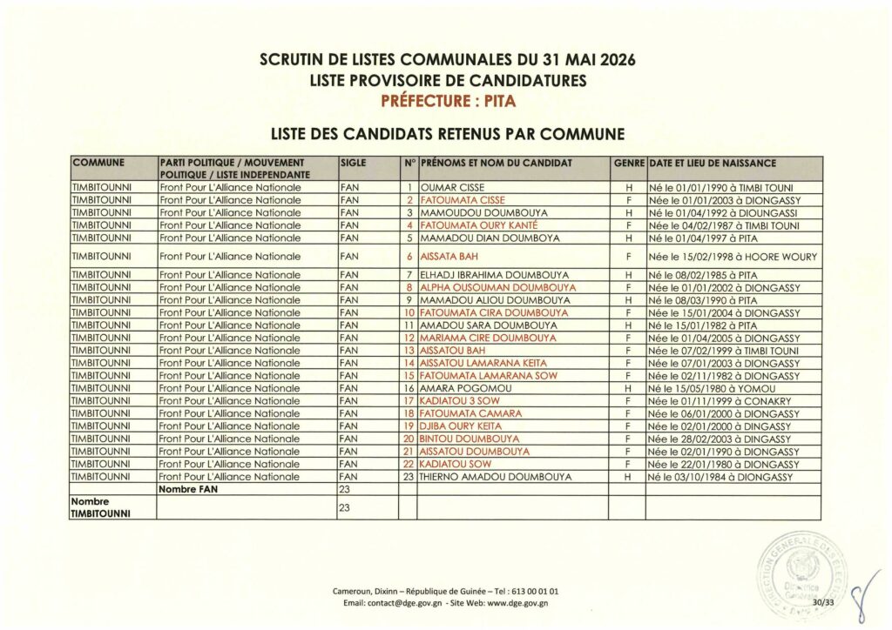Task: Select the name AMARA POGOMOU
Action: [456, 388]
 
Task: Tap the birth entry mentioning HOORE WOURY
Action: [733, 257]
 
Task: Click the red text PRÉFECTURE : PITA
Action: [448, 100]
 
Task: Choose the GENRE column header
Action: [628, 163]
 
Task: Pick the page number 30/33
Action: [821, 600]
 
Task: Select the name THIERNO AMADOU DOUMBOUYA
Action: [496, 477]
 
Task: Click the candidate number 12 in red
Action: [409, 338]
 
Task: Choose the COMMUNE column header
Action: [99, 163]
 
